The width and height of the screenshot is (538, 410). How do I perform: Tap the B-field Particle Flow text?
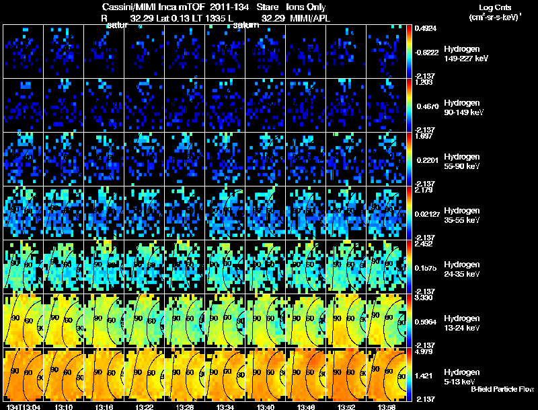pyautogui.click(x=502, y=389)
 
